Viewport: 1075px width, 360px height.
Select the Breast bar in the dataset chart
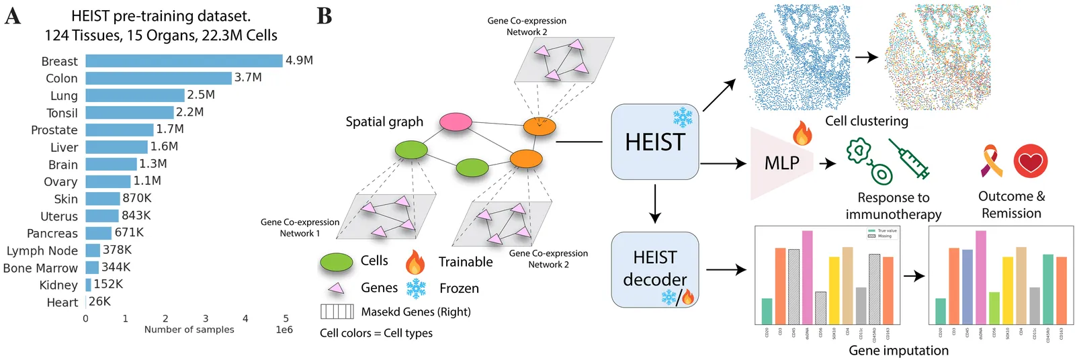[183, 61]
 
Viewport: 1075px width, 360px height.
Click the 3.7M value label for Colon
[248, 78]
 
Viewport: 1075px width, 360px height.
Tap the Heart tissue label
[62, 302]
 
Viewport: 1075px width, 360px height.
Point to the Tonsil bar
[129, 113]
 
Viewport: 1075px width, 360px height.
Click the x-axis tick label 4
[245, 318]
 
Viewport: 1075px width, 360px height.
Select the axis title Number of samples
[189, 330]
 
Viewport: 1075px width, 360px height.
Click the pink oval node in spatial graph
[456, 122]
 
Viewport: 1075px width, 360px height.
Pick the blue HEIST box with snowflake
[654, 142]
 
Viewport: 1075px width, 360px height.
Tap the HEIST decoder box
[654, 269]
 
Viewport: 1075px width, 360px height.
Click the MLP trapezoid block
[781, 163]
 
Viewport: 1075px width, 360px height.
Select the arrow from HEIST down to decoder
[655, 204]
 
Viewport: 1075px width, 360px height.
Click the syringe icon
[909, 159]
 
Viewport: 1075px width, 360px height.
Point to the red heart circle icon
[1030, 161]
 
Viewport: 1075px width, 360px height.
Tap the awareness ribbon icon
[992, 161]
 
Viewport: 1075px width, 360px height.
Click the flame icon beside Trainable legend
[415, 261]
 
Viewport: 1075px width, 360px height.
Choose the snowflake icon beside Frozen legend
[416, 288]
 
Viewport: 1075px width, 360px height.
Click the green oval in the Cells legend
[337, 261]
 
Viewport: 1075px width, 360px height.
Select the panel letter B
[325, 15]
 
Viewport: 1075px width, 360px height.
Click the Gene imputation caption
[898, 351]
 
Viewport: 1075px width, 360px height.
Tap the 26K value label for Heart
[99, 302]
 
